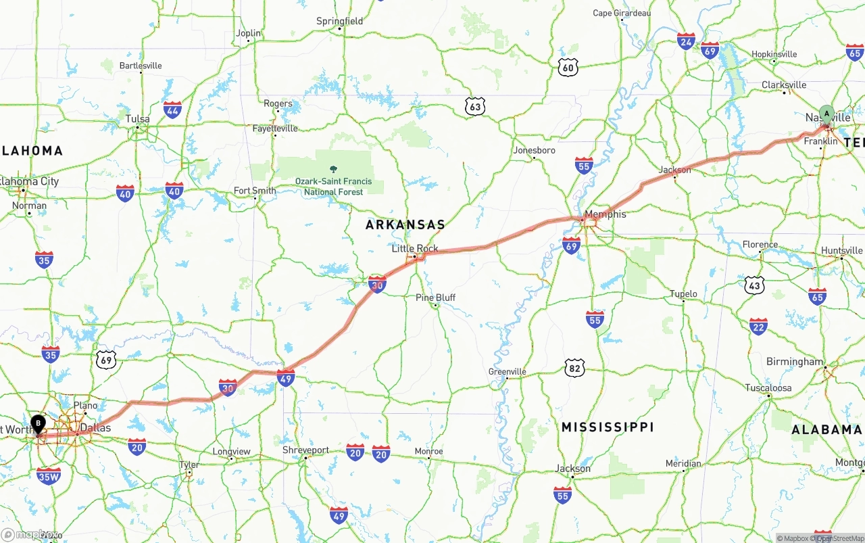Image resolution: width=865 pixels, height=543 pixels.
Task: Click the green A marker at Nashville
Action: [x=826, y=114]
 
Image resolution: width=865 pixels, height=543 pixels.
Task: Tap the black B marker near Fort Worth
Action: [x=39, y=424]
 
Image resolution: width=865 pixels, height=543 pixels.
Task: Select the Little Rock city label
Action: [x=415, y=248]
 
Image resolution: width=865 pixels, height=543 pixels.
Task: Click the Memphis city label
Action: [x=605, y=214]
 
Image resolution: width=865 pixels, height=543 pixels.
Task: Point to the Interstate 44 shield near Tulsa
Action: [x=172, y=110]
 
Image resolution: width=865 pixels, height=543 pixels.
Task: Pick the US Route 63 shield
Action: [x=475, y=106]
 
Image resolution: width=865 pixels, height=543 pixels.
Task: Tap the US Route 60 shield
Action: [x=568, y=66]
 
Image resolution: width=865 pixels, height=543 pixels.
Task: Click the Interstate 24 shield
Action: [x=686, y=41]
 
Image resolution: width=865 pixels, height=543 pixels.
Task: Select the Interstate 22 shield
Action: [x=758, y=327]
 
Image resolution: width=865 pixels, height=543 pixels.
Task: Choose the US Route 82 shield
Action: [x=574, y=368]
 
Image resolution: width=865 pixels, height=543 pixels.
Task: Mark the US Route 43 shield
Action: [x=754, y=285]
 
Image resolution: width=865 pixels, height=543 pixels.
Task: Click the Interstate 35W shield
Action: [x=49, y=475]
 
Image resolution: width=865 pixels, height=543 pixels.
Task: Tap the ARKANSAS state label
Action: [x=405, y=225]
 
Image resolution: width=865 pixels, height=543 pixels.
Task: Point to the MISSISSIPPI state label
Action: [x=608, y=427]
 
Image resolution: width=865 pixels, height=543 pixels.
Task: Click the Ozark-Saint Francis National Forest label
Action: [x=333, y=186]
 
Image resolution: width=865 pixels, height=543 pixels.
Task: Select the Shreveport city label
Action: [x=305, y=450]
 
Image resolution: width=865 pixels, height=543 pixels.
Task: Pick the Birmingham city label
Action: [x=795, y=362]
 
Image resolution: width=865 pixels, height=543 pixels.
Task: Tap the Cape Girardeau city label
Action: [x=621, y=13]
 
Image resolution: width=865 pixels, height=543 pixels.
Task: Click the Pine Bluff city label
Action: [x=435, y=298]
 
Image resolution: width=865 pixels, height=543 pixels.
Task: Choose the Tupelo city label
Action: [x=683, y=293]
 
